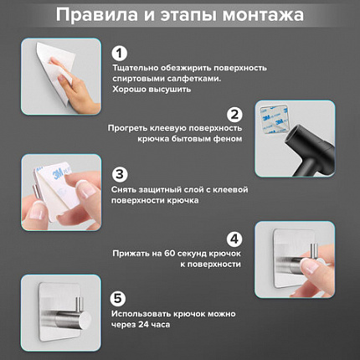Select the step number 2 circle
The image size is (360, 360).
click(235, 115)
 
